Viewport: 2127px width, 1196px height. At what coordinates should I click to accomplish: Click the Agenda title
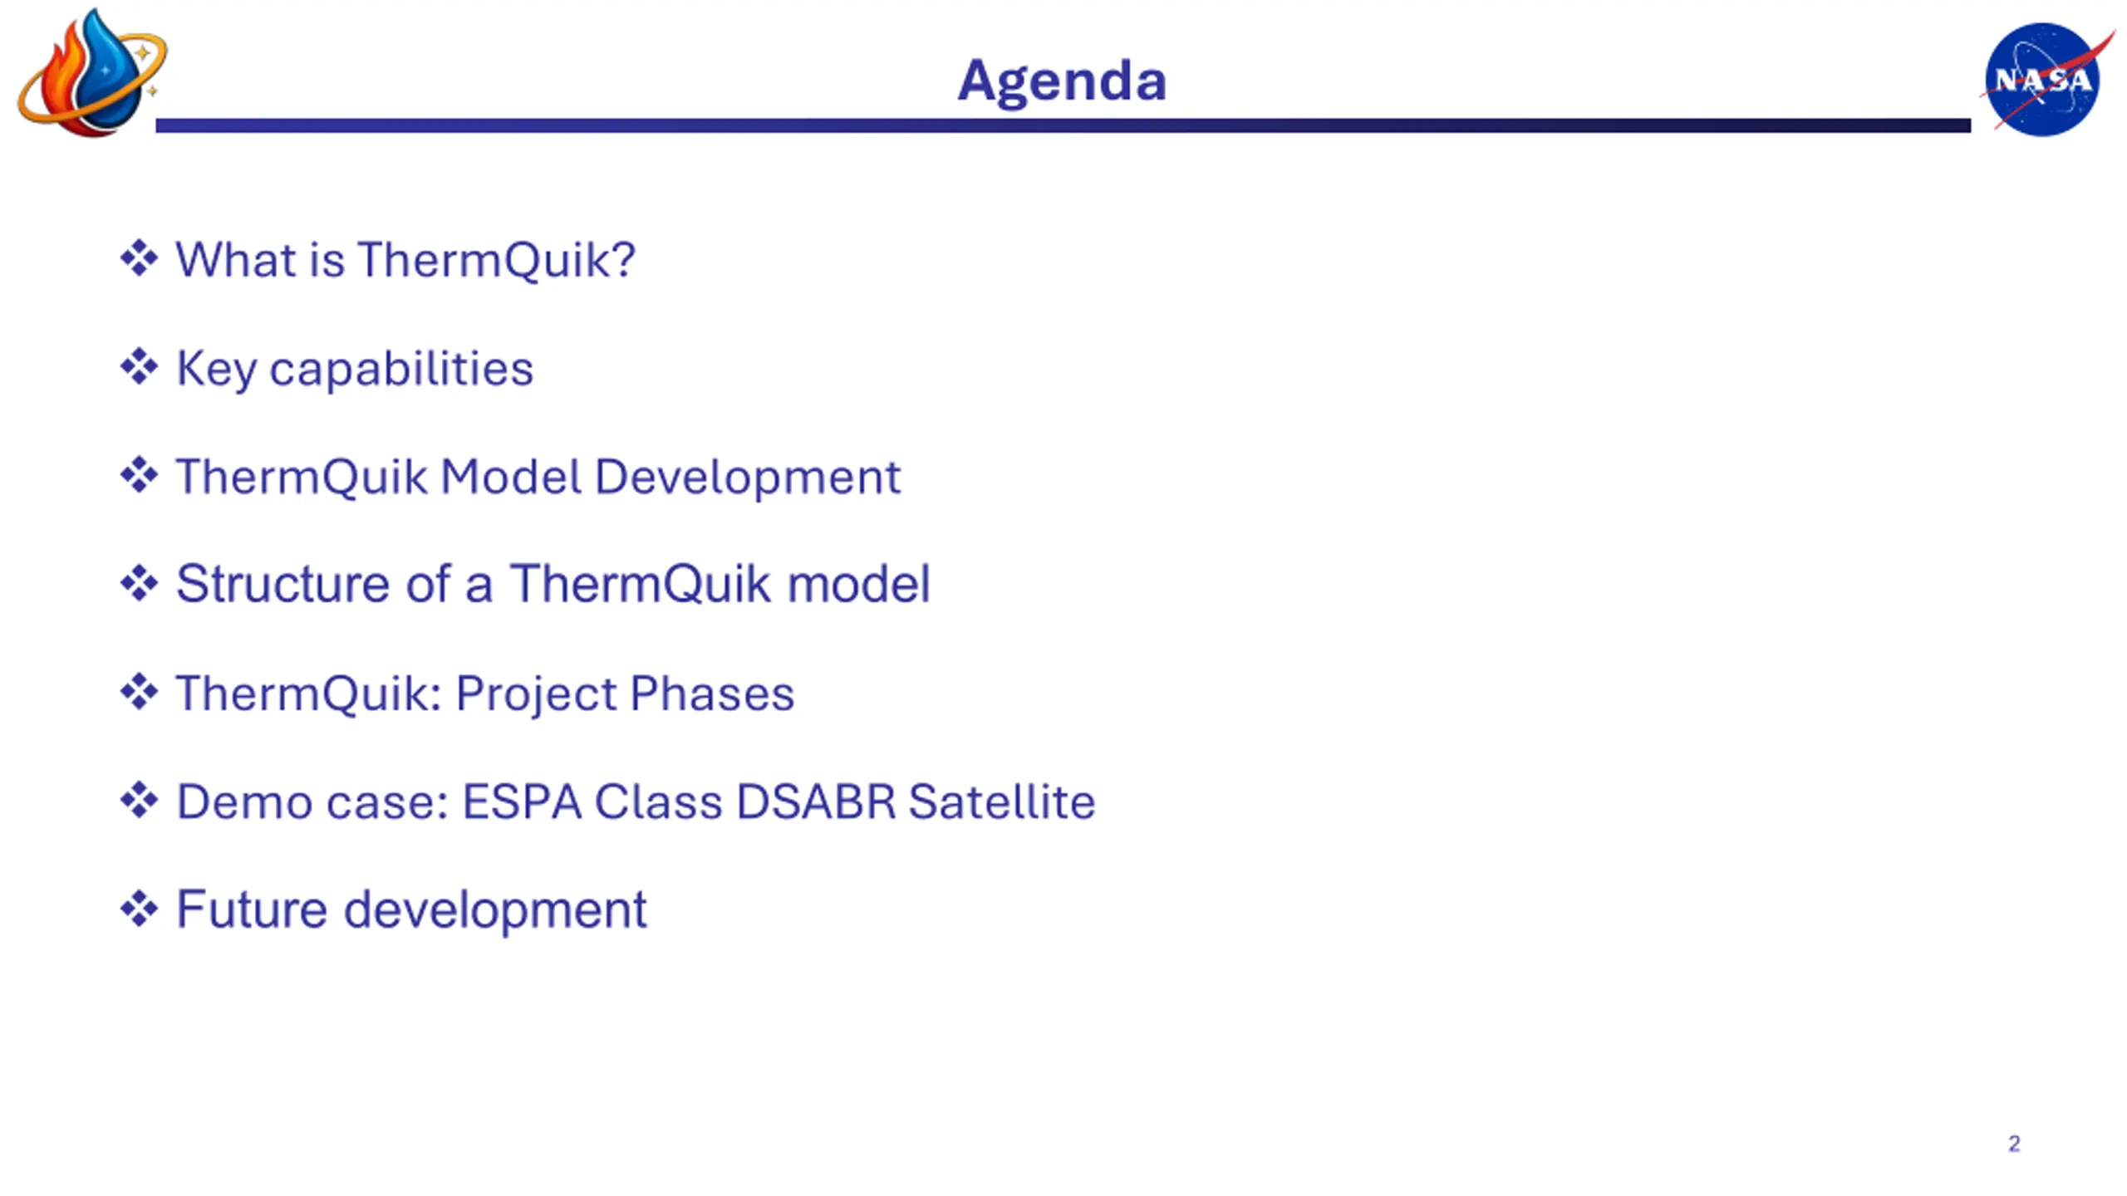pyautogui.click(x=1062, y=81)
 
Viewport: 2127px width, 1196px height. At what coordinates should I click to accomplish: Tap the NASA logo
pyautogui.click(x=2046, y=80)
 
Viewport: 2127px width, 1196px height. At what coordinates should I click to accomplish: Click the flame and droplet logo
pyautogui.click(x=91, y=73)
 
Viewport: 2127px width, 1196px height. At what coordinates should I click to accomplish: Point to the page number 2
pyautogui.click(x=2014, y=1144)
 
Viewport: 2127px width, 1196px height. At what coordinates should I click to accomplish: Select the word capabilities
pyautogui.click(x=401, y=370)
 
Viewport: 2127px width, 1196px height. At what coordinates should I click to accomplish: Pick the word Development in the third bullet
pyautogui.click(x=748, y=478)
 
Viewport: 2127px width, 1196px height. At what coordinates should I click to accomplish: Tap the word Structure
pyautogui.click(x=282, y=583)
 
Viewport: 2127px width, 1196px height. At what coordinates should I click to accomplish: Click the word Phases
pyautogui.click(x=712, y=694)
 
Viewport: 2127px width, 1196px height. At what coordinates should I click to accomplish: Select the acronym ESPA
pyautogui.click(x=522, y=802)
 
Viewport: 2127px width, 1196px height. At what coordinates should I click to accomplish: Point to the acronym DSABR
pyautogui.click(x=816, y=802)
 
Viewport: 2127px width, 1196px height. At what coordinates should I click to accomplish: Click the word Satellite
pyautogui.click(x=1002, y=802)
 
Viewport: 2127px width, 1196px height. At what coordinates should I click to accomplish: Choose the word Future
pyautogui.click(x=252, y=909)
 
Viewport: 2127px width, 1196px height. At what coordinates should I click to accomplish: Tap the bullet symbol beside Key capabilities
pyautogui.click(x=139, y=367)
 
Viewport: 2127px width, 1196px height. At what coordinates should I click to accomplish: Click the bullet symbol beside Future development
pyautogui.click(x=139, y=909)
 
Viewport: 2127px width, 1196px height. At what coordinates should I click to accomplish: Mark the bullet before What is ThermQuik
pyautogui.click(x=139, y=258)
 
